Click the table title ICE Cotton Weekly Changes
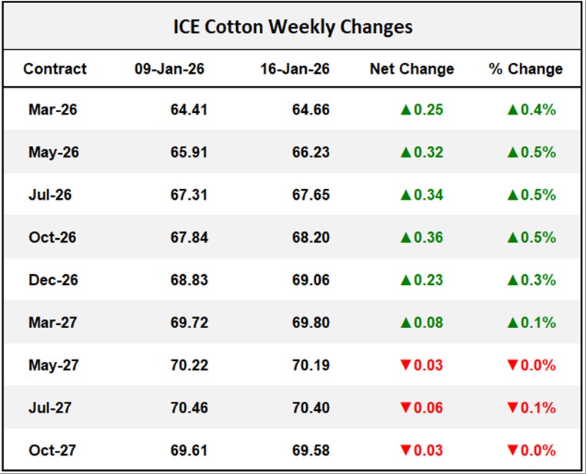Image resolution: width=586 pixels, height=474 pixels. pos(292,27)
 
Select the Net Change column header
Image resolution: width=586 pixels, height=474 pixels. pos(411,68)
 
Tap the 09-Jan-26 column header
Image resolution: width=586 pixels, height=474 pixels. pos(169,68)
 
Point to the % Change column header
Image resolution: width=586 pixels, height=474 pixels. pos(526,68)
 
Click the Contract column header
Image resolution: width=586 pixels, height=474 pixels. pos(55,68)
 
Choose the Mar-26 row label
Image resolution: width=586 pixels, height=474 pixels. pos(52,110)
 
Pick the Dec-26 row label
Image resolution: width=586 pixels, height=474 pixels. pos(52,280)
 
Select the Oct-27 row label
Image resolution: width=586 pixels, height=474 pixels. pos(52,449)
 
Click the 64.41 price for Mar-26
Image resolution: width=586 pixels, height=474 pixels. pos(189,110)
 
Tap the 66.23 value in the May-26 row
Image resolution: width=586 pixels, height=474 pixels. pos(311,152)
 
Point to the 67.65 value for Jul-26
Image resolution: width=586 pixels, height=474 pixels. pos(311,195)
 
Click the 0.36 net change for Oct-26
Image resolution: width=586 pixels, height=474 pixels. pos(429,237)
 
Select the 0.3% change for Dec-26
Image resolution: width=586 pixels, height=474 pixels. pos(540,280)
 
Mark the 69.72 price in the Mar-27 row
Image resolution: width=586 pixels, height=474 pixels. pos(189,323)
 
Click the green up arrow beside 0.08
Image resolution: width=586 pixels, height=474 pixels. pos(406,323)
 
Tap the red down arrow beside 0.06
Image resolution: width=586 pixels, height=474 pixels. pos(406,407)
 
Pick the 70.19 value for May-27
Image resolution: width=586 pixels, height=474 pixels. pos(311,365)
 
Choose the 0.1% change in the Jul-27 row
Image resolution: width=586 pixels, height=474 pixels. pos(540,407)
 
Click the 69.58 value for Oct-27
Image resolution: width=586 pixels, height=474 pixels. pos(311,449)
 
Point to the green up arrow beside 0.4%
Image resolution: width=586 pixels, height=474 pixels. pos(514,110)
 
